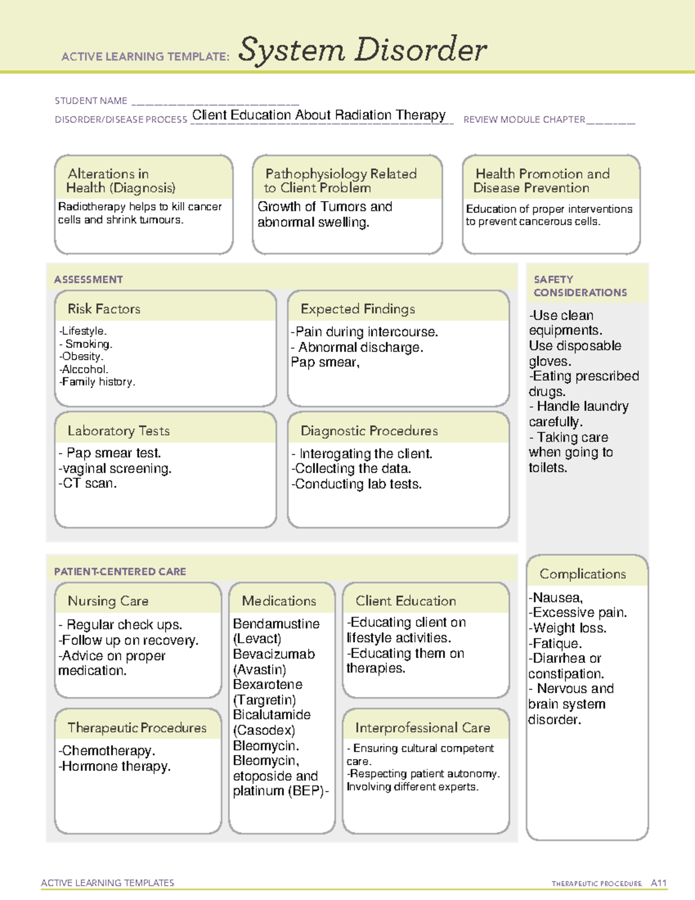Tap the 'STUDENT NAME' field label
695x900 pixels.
coord(91,101)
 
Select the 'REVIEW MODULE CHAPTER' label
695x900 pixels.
coord(524,119)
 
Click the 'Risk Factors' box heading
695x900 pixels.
coord(104,309)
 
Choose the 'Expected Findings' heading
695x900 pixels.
coord(357,309)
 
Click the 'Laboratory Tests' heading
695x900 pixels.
coord(118,431)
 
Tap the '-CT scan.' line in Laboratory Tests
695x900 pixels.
coord(87,483)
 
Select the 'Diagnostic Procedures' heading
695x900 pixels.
coord(369,431)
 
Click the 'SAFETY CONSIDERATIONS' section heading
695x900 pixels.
coord(580,286)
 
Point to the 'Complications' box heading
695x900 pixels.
coord(583,574)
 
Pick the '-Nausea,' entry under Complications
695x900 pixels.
coord(555,597)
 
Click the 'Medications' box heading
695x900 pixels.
coord(279,601)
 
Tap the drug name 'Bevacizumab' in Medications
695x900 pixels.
coord(273,654)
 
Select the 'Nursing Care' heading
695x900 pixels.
coord(108,601)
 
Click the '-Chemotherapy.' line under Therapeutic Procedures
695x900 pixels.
coord(107,751)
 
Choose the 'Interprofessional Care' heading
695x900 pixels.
coord(422,727)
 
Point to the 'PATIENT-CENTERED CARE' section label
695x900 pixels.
coord(120,571)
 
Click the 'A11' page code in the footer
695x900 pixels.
coord(659,883)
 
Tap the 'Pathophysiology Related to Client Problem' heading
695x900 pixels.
coord(341,180)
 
